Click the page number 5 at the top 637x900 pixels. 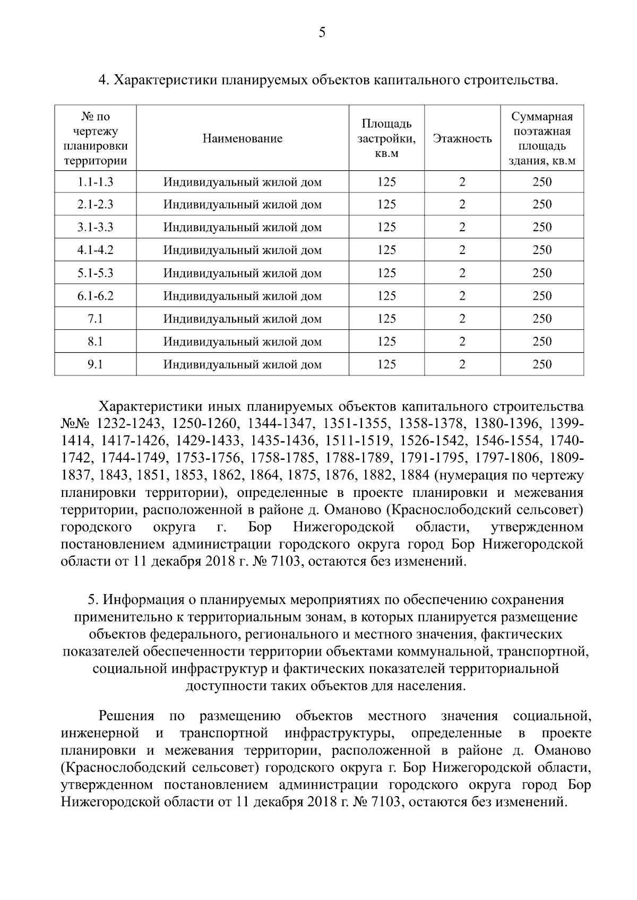pyautogui.click(x=322, y=33)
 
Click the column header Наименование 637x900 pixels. pyautogui.click(x=242, y=139)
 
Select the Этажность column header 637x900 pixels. pyautogui.click(x=462, y=139)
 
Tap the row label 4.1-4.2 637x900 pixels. pyautogui.click(x=95, y=250)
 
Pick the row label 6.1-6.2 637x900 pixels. pyautogui.click(x=95, y=296)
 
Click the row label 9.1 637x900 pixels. pyautogui.click(x=95, y=364)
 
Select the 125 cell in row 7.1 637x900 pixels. pyautogui.click(x=386, y=319)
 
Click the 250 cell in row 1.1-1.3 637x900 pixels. pyautogui.click(x=542, y=182)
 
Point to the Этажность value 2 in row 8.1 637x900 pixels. pyautogui.click(x=462, y=342)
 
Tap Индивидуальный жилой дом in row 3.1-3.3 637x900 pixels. pyautogui.click(x=242, y=228)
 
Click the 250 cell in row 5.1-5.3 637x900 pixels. pyautogui.click(x=542, y=273)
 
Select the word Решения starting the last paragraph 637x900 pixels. pyautogui.click(x=126, y=716)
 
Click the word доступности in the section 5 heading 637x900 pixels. pyautogui.click(x=221, y=686)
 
